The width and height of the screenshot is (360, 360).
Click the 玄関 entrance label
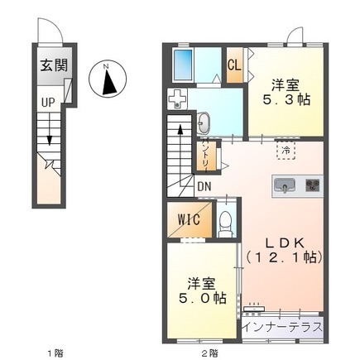coord(54,65)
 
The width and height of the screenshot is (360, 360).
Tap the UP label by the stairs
coord(48,103)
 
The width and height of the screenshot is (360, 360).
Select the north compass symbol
coord(108,79)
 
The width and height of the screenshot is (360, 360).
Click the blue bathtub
coord(183,65)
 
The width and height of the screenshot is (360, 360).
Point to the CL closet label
coord(234,65)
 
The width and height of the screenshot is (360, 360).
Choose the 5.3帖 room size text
coord(286,100)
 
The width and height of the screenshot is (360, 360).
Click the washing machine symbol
coord(177,98)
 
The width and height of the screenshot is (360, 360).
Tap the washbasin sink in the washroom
coord(204,123)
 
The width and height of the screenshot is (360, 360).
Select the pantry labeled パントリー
coord(207,157)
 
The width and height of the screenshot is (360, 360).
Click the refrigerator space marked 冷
coord(286,151)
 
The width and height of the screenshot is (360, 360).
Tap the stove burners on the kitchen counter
coord(313,185)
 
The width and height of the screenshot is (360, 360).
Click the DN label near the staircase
coord(204,187)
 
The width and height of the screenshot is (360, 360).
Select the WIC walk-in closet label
coord(189,220)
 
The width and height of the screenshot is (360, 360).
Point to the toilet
coord(226,224)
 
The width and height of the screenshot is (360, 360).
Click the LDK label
coord(285,243)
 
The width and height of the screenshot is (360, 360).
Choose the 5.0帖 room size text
coord(203,298)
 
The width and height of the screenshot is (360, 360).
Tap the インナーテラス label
coord(284,328)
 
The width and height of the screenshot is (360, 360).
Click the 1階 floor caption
coord(55,353)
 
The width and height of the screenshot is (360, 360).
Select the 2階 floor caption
coord(209,353)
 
